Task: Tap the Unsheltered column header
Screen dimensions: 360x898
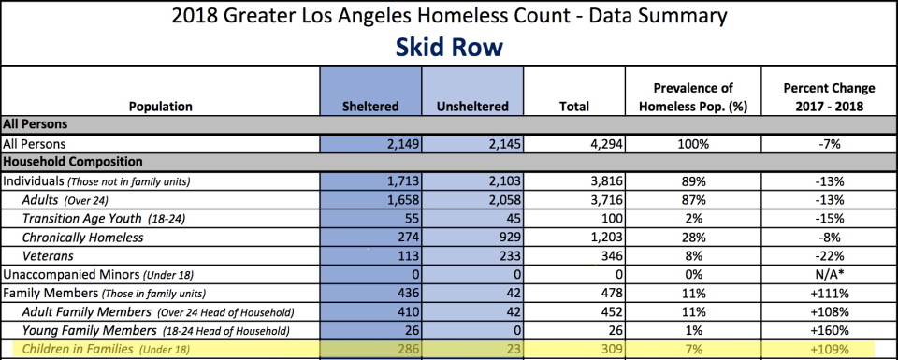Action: (472, 107)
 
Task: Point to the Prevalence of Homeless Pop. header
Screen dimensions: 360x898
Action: (693, 97)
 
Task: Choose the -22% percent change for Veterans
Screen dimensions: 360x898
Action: (829, 256)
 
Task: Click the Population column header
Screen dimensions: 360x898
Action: (161, 107)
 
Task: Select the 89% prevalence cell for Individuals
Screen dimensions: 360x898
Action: (693, 181)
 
